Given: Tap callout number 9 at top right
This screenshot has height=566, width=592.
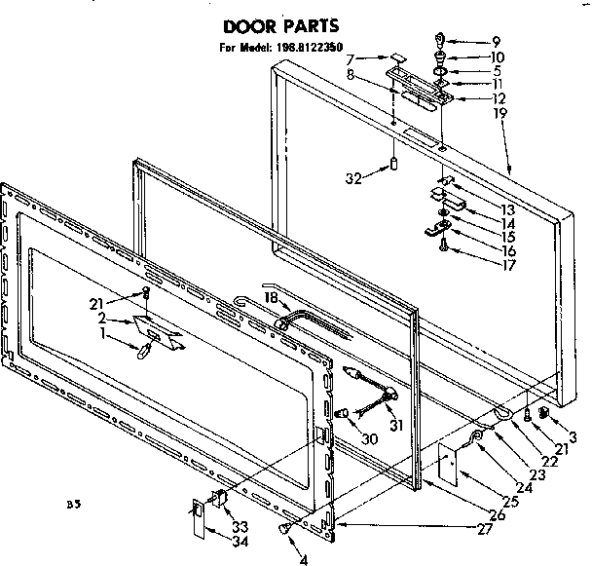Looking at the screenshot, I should tap(496, 42).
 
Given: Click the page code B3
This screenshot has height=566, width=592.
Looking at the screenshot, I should tap(72, 505).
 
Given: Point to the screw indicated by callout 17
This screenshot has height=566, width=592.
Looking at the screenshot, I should tap(445, 245).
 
